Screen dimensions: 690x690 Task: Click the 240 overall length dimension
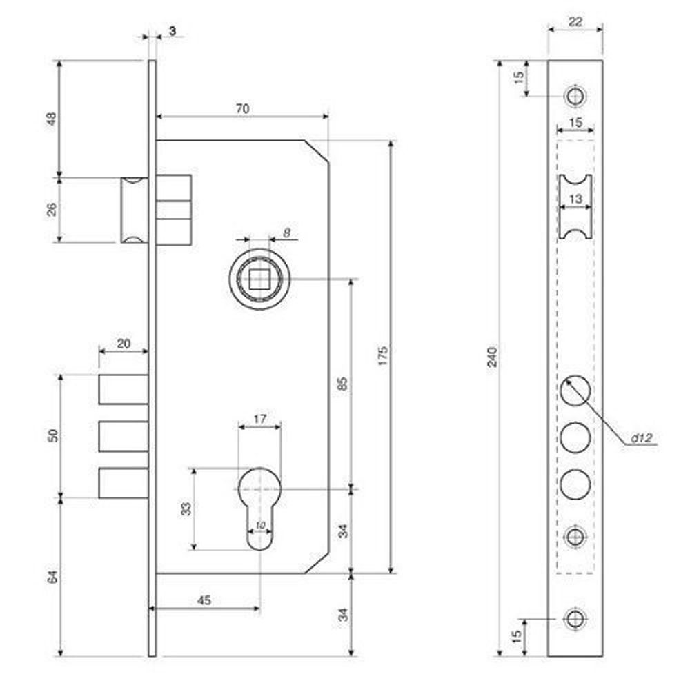pyautogui.click(x=493, y=357)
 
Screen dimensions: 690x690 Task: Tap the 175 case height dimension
pyautogui.click(x=383, y=355)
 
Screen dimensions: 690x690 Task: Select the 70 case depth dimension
pyautogui.click(x=242, y=108)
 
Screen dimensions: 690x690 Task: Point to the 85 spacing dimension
pyautogui.click(x=343, y=383)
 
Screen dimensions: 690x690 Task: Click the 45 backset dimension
pyautogui.click(x=204, y=600)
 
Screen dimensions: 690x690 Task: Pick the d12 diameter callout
pyautogui.click(x=641, y=438)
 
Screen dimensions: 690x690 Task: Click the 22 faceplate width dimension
pyautogui.click(x=575, y=21)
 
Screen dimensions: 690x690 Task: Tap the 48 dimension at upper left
pyautogui.click(x=52, y=119)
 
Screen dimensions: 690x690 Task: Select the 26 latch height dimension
pyautogui.click(x=52, y=210)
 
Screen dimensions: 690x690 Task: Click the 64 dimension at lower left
pyautogui.click(x=52, y=576)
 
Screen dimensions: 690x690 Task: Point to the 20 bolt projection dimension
pyautogui.click(x=124, y=343)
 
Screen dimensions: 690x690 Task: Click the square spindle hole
pyautogui.click(x=259, y=279)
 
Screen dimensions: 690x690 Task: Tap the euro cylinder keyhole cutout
pyautogui.click(x=259, y=509)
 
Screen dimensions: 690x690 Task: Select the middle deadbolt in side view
pyautogui.click(x=124, y=436)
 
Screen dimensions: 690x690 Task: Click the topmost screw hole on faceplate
pyautogui.click(x=575, y=96)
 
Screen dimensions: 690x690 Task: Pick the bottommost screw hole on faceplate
pyautogui.click(x=575, y=619)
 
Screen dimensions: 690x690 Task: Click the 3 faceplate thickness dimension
pyautogui.click(x=172, y=31)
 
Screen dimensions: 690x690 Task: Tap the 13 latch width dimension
pyautogui.click(x=575, y=199)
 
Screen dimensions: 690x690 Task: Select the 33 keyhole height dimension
pyautogui.click(x=186, y=509)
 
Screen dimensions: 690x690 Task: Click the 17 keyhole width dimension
pyautogui.click(x=259, y=419)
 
